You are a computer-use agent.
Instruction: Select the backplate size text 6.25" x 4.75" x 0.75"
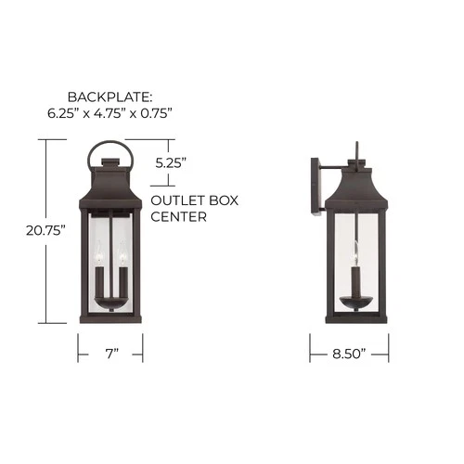coord(110,113)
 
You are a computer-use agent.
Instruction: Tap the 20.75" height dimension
coord(45,231)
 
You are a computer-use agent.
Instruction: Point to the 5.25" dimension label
coord(171,161)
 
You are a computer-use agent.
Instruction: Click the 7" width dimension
coord(110,354)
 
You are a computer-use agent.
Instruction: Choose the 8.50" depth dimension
coord(348,354)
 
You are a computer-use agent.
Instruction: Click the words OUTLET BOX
coord(185,200)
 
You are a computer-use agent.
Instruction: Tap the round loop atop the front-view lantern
coord(110,152)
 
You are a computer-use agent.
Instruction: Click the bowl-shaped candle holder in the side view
coord(355,299)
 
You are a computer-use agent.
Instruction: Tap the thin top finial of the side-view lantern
coord(356,152)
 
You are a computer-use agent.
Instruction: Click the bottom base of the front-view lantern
coord(110,322)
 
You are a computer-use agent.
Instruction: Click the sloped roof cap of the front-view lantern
coord(110,184)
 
